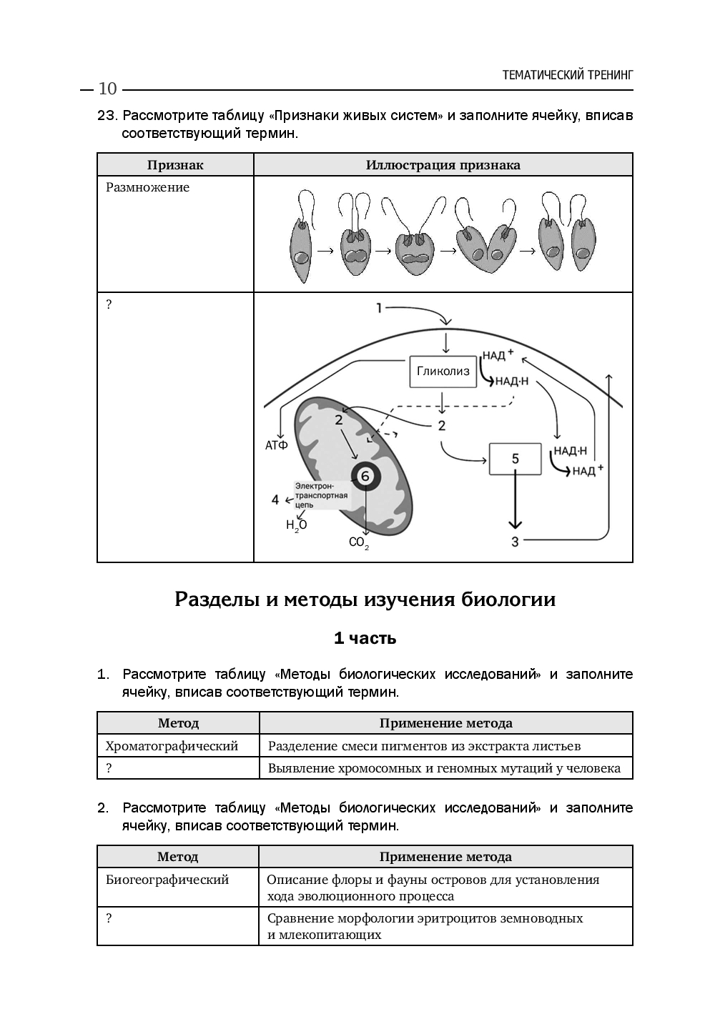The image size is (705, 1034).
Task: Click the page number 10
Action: point(107,89)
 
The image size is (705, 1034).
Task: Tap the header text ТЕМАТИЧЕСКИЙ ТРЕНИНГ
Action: point(568,75)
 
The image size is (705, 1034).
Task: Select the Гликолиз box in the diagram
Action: point(443,372)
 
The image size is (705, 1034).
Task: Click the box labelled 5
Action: point(516,459)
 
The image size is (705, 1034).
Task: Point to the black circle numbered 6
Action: point(365,476)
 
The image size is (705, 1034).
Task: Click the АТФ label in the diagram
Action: point(277,446)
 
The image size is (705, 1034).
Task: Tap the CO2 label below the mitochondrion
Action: point(359,543)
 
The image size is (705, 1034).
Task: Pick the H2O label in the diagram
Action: point(296,526)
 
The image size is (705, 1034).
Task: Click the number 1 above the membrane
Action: point(379,308)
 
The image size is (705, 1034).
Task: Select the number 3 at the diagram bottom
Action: point(515,542)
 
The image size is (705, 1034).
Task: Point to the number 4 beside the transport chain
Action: point(275,499)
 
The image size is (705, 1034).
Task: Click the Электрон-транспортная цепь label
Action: point(321,494)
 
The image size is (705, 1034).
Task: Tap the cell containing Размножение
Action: point(148,188)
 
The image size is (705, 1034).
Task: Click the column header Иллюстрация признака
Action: point(443,165)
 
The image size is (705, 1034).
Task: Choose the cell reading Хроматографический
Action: point(172,746)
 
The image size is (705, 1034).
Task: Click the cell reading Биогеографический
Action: point(167,880)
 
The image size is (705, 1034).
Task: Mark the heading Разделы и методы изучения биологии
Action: point(365,600)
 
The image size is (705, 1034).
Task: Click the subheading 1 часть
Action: point(365,638)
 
